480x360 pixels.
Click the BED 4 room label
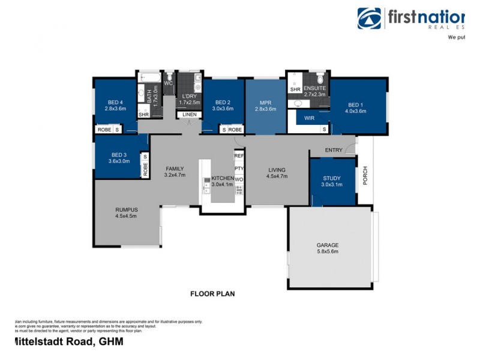tap(115, 101)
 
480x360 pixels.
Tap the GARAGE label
tap(328, 245)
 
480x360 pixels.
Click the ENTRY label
tap(334, 149)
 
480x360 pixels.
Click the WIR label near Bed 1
tap(309, 118)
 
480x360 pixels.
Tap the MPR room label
tap(265, 102)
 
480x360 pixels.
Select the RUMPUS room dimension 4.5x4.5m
tap(127, 216)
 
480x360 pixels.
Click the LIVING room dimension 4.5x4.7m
tap(277, 176)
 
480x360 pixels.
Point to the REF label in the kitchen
tap(239, 155)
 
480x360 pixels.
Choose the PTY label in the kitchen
tap(239, 169)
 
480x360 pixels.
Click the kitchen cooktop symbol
tap(239, 190)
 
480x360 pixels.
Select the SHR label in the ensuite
tap(295, 89)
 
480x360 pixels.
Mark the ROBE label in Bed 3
tap(145, 170)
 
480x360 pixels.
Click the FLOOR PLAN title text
tap(212, 294)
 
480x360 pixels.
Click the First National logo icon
tap(369, 19)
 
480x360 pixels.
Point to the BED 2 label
tap(223, 101)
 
